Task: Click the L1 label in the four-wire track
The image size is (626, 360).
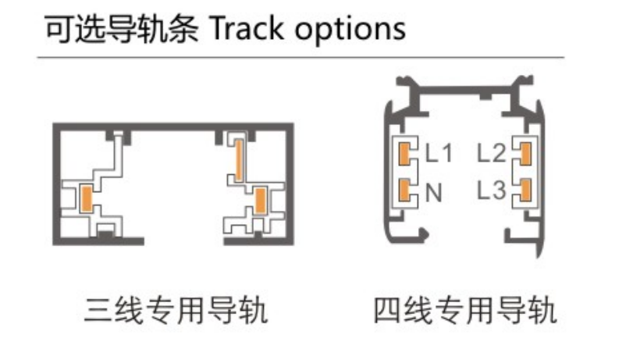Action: (x=439, y=152)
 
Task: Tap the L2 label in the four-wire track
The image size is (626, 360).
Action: (x=492, y=152)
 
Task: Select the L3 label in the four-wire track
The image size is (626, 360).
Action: (x=492, y=190)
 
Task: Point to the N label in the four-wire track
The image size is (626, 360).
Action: (x=434, y=193)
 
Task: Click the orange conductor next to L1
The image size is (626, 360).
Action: (x=404, y=154)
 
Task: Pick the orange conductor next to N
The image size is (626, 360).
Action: (x=404, y=191)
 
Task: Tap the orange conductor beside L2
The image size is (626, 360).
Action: (x=525, y=154)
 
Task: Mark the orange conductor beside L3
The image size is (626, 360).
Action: (x=525, y=191)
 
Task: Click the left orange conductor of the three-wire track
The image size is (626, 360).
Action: (x=86, y=198)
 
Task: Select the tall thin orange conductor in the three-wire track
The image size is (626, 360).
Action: (x=239, y=160)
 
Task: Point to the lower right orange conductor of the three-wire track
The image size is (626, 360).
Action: (x=260, y=201)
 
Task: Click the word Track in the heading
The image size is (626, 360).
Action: (x=247, y=29)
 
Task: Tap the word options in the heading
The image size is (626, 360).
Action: (x=350, y=30)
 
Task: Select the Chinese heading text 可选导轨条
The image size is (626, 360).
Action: (x=121, y=29)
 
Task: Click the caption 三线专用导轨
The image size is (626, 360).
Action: (x=176, y=310)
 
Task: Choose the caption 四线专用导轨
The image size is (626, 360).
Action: (x=465, y=310)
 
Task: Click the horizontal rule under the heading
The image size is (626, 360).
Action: (x=301, y=58)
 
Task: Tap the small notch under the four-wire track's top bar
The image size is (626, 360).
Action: (x=485, y=96)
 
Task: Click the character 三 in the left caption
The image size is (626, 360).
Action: (x=98, y=310)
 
